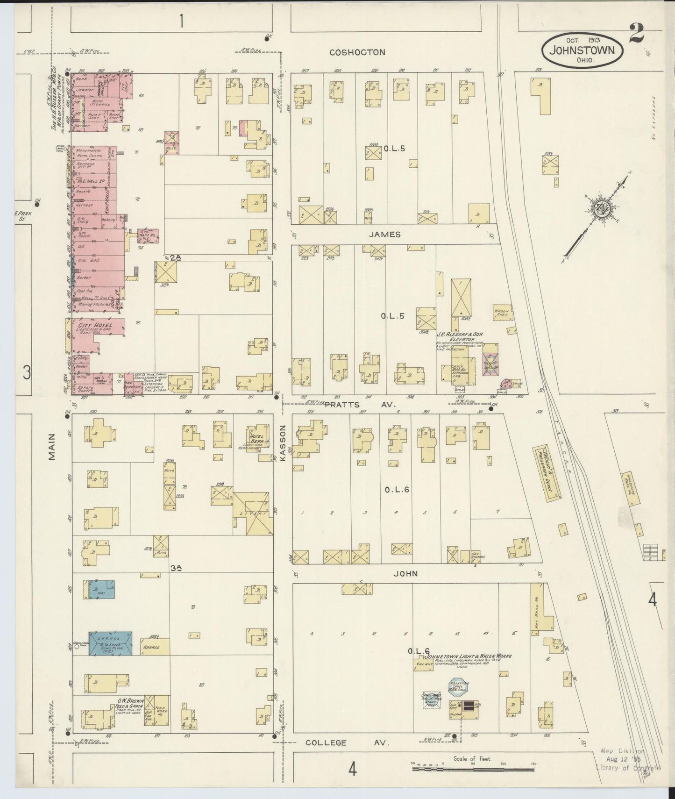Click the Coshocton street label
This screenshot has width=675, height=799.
pos(357,52)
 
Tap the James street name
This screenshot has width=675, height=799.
pos(384,234)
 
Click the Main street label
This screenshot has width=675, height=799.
pos(51,447)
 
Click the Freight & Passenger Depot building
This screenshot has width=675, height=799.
pos(547,472)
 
